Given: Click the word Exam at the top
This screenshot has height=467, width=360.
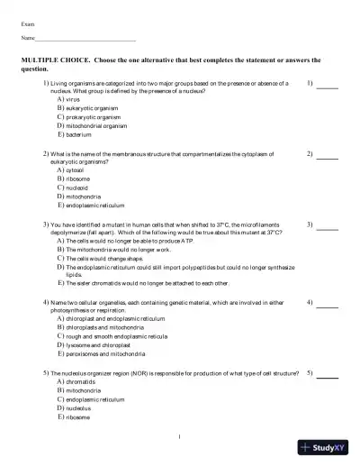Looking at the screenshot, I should point(28,24).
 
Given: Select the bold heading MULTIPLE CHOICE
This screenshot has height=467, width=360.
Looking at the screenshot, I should point(55,60).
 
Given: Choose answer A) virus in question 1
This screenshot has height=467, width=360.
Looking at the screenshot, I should point(68,99).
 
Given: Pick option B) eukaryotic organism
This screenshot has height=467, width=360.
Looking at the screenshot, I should point(86,108).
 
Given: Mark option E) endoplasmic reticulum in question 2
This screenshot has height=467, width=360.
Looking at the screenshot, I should point(94,205).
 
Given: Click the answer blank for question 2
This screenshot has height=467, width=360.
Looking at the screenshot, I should point(328,157).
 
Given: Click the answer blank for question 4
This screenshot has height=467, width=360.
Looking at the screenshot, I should point(328,305).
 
